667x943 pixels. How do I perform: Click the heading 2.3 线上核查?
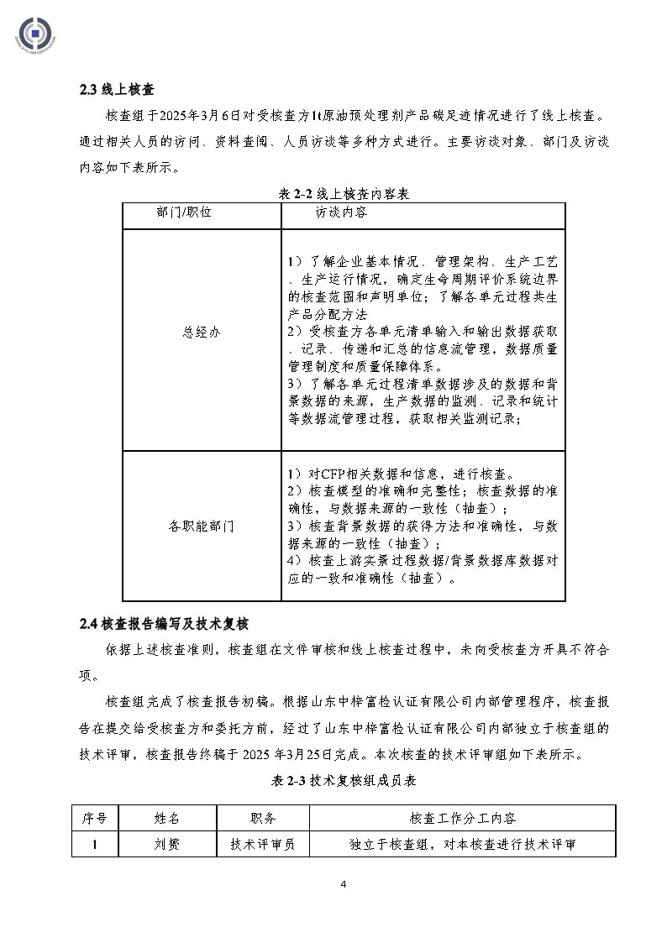[x=115, y=90]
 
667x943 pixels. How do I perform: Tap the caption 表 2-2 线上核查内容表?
[x=343, y=193]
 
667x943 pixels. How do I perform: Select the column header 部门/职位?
[x=184, y=212]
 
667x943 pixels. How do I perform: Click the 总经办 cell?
[x=201, y=331]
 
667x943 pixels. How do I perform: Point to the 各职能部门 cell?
[x=201, y=527]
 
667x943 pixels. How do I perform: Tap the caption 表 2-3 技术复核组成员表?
[x=344, y=780]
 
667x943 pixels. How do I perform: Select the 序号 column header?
[x=95, y=818]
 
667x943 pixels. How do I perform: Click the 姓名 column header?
[x=167, y=818]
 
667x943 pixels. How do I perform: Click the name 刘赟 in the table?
[x=167, y=844]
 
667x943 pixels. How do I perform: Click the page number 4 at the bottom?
[x=343, y=884]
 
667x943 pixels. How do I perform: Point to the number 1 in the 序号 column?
[x=95, y=844]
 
